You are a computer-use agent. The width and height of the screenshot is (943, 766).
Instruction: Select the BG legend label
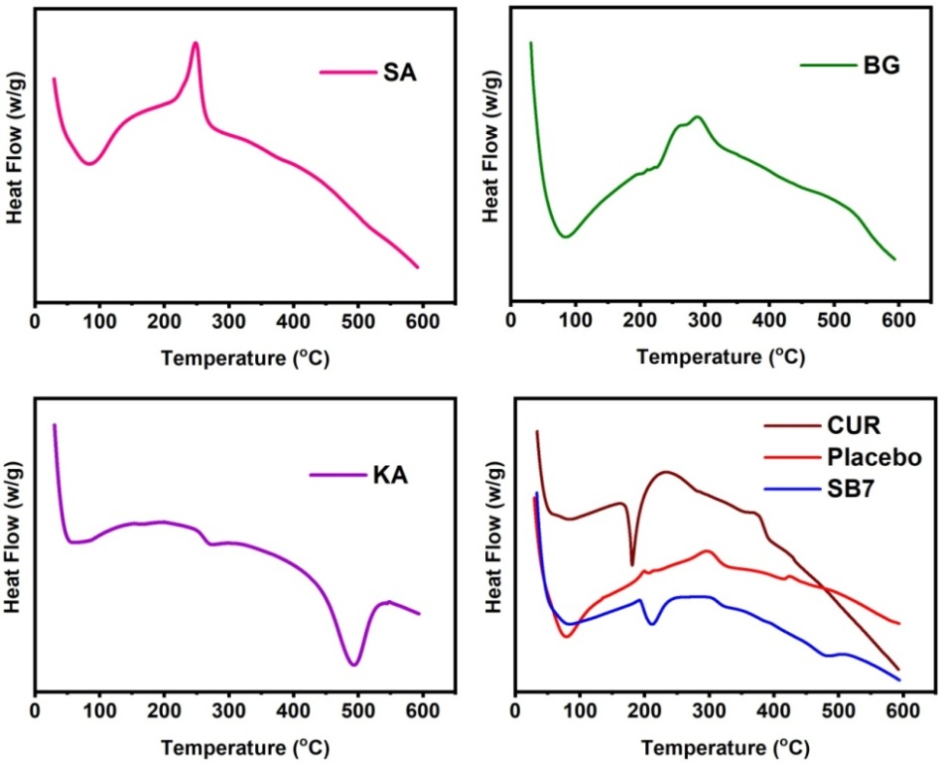coord(879,67)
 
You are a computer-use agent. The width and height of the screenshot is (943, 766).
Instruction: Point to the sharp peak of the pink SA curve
coord(196,43)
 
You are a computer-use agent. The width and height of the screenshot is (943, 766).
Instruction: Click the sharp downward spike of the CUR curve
coord(632,564)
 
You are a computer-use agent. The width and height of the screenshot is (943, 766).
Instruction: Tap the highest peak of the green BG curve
coord(698,117)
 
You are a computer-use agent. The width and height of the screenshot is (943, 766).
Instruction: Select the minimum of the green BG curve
coord(565,236)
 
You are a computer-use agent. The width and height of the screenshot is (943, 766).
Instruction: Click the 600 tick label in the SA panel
coord(422,320)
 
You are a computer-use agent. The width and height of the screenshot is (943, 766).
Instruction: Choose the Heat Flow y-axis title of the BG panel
coord(489,153)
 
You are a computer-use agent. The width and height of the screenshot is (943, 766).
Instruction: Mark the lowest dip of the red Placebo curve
coord(567,636)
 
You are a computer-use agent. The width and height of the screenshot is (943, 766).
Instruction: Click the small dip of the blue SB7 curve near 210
coord(652,624)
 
